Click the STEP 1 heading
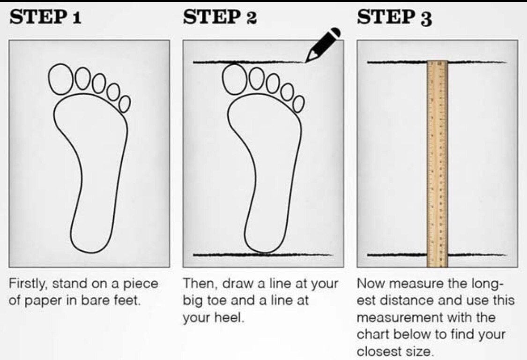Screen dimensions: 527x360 [x=45, y=17]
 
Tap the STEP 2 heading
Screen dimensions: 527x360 [x=220, y=17]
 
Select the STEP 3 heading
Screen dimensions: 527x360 [x=394, y=17]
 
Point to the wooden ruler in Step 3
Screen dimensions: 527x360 [x=437, y=164]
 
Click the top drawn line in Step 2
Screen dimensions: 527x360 [x=249, y=62]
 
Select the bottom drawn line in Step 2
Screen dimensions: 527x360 [x=263, y=255]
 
